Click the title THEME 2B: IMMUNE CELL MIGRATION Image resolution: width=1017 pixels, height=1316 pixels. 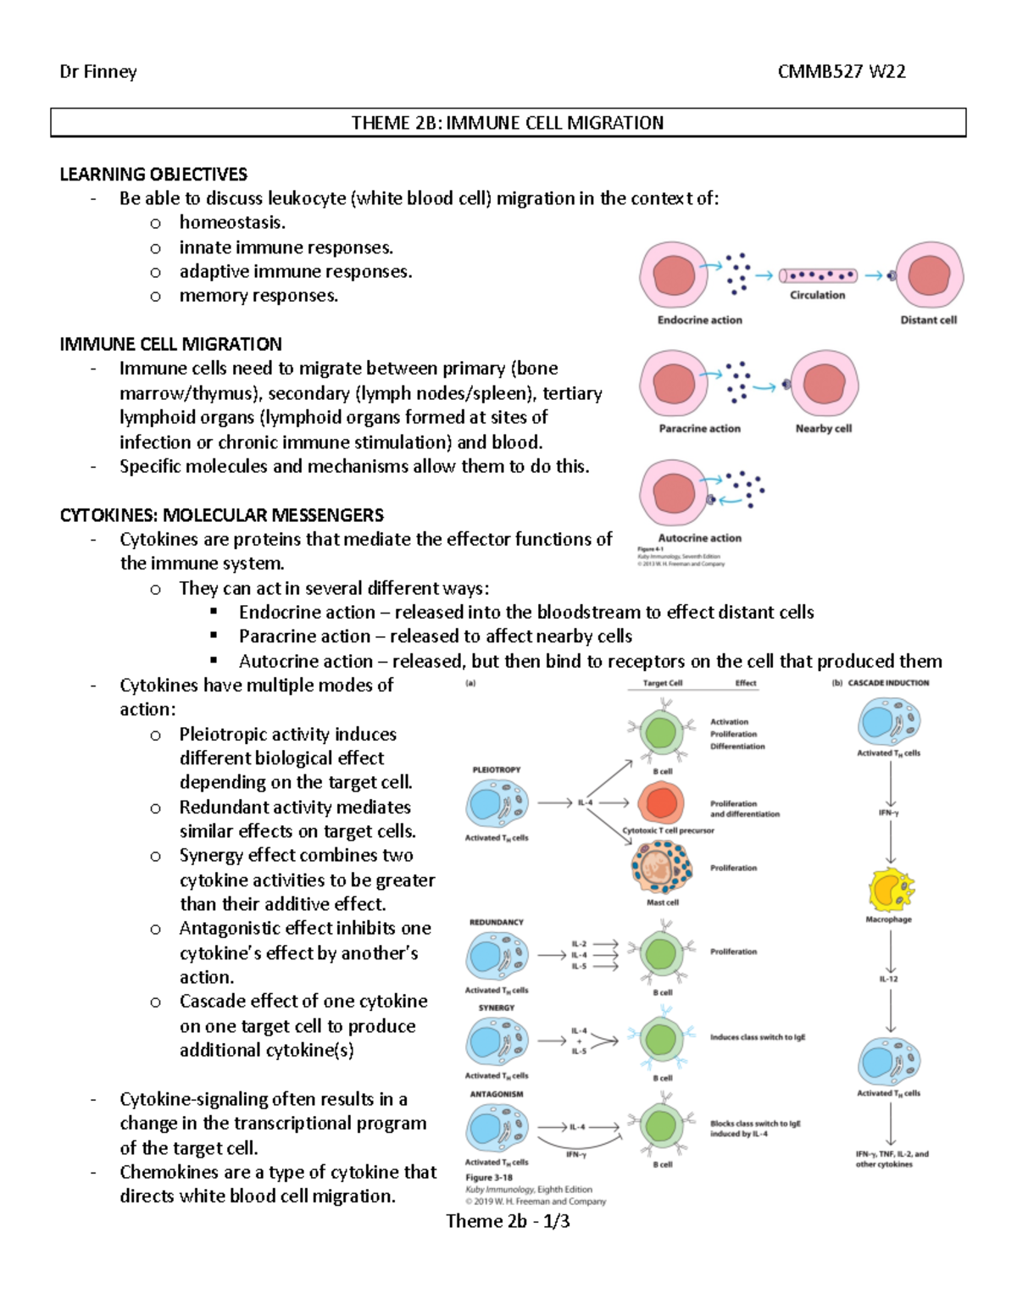508,123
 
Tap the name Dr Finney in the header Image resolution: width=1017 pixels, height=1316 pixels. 98,72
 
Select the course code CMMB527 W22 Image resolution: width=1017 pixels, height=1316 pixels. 841,72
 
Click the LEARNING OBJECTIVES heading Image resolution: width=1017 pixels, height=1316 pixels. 153,175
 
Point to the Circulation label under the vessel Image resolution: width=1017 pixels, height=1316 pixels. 817,296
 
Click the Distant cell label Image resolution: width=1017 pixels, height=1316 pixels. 928,320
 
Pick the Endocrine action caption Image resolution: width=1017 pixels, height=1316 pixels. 699,320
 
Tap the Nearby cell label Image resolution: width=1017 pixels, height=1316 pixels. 823,429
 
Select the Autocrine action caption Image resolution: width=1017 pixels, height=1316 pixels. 699,538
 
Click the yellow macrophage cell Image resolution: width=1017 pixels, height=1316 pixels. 890,890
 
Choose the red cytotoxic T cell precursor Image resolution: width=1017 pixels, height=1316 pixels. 660,802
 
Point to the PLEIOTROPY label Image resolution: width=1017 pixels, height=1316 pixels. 496,769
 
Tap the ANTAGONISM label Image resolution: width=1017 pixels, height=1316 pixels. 496,1094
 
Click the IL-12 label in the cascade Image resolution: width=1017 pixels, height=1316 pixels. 888,979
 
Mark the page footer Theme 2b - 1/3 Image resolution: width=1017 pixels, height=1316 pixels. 508,1221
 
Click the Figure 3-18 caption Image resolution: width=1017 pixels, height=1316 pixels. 489,1177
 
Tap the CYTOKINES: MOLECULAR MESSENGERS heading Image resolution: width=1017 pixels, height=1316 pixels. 221,515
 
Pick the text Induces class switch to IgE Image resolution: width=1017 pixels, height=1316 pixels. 757,1037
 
